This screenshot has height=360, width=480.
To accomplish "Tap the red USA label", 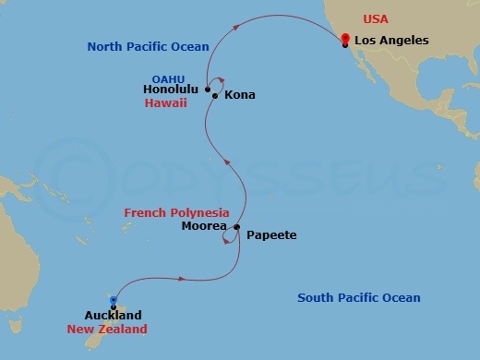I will [x=376, y=18].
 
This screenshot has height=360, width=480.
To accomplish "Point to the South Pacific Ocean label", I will [x=358, y=297].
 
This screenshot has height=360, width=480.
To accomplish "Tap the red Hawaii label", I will [x=166, y=103].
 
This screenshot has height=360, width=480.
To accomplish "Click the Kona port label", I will [x=240, y=95].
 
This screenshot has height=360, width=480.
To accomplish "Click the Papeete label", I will [x=271, y=235].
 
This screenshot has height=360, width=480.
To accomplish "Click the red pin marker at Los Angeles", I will [x=344, y=38].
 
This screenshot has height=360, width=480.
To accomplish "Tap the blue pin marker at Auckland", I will [x=113, y=301].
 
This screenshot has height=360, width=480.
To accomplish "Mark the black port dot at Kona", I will [x=215, y=96].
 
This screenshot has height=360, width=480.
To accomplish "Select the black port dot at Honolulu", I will [x=208, y=90].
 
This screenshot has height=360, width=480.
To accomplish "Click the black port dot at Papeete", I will [x=237, y=227].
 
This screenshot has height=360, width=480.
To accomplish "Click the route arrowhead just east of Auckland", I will [x=187, y=279].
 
